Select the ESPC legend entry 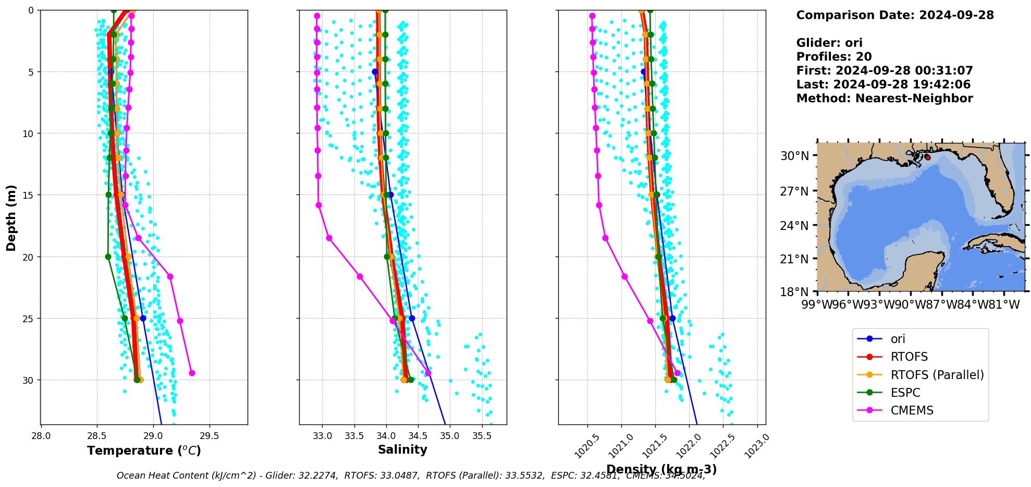pyautogui.click(x=905, y=393)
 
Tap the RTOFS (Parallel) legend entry pyautogui.click(x=937, y=375)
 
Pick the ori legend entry pyautogui.click(x=898, y=339)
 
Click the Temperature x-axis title pyautogui.click(x=144, y=451)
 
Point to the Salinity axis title pyautogui.click(x=402, y=449)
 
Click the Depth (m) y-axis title pyautogui.click(x=11, y=217)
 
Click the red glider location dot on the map pyautogui.click(x=928, y=157)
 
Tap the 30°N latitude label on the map pyautogui.click(x=794, y=156)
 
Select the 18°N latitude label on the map pyautogui.click(x=794, y=291)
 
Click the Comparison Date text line pyautogui.click(x=895, y=15)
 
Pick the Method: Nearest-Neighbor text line pyautogui.click(x=885, y=99)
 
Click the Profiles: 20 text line pyautogui.click(x=834, y=57)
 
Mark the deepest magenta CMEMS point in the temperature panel pyautogui.click(x=192, y=373)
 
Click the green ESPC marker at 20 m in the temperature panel pyautogui.click(x=108, y=257)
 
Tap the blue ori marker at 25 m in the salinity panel pyautogui.click(x=412, y=318)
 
